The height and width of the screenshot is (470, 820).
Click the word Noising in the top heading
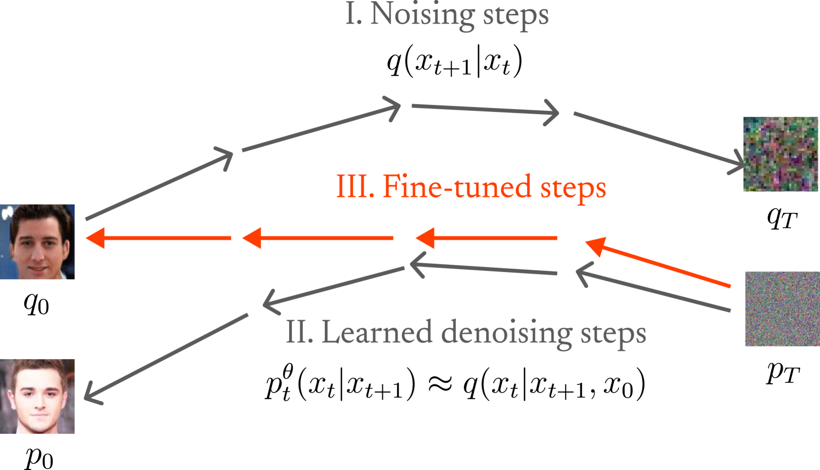coord(421,14)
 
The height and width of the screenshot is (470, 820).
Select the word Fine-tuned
coord(457,186)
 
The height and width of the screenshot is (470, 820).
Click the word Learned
coord(376,332)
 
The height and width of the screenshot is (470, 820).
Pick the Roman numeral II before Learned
coord(299,332)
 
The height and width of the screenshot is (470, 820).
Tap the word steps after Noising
coord(516,15)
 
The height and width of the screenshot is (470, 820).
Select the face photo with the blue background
coord(37,242)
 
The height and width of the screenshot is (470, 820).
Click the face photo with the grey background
coord(37,396)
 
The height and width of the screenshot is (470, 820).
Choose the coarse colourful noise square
coord(781,154)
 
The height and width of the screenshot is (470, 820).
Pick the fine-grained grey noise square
coord(782,309)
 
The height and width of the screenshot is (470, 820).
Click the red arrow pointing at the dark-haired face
coord(159,238)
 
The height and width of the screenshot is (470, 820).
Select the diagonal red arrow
coord(658,263)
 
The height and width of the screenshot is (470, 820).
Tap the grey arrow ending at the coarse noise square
coord(658,139)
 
